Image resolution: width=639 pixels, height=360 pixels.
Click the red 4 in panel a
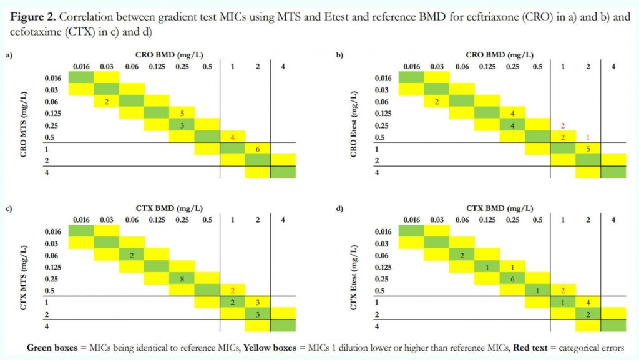pos(232,137)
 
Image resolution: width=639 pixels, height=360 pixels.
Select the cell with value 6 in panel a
pos(257,148)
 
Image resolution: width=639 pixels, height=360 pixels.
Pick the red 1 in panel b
pos(587,137)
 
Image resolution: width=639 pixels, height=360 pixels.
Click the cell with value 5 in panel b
pos(587,148)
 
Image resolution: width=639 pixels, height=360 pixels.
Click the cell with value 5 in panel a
pos(182,114)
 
